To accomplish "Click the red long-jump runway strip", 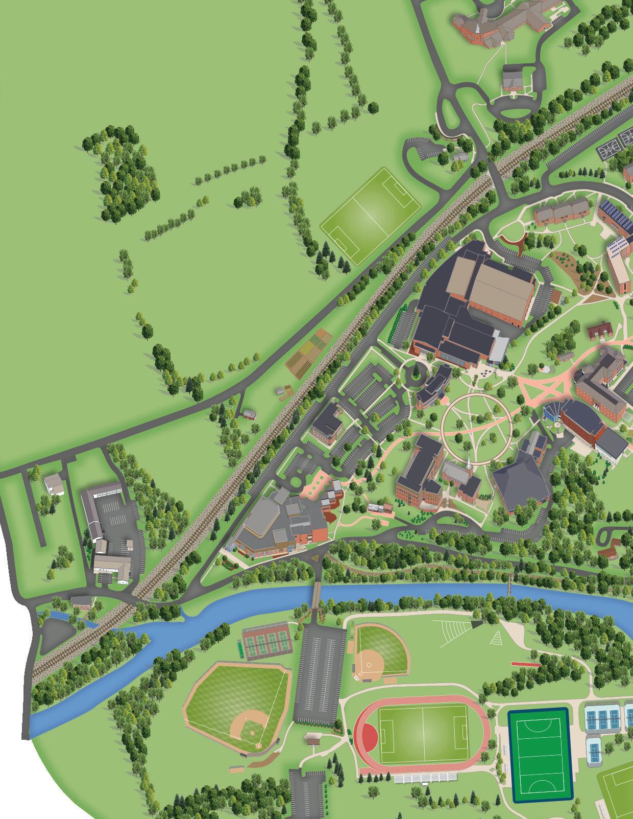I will tap(526, 665).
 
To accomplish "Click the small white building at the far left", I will tap(54, 484).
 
